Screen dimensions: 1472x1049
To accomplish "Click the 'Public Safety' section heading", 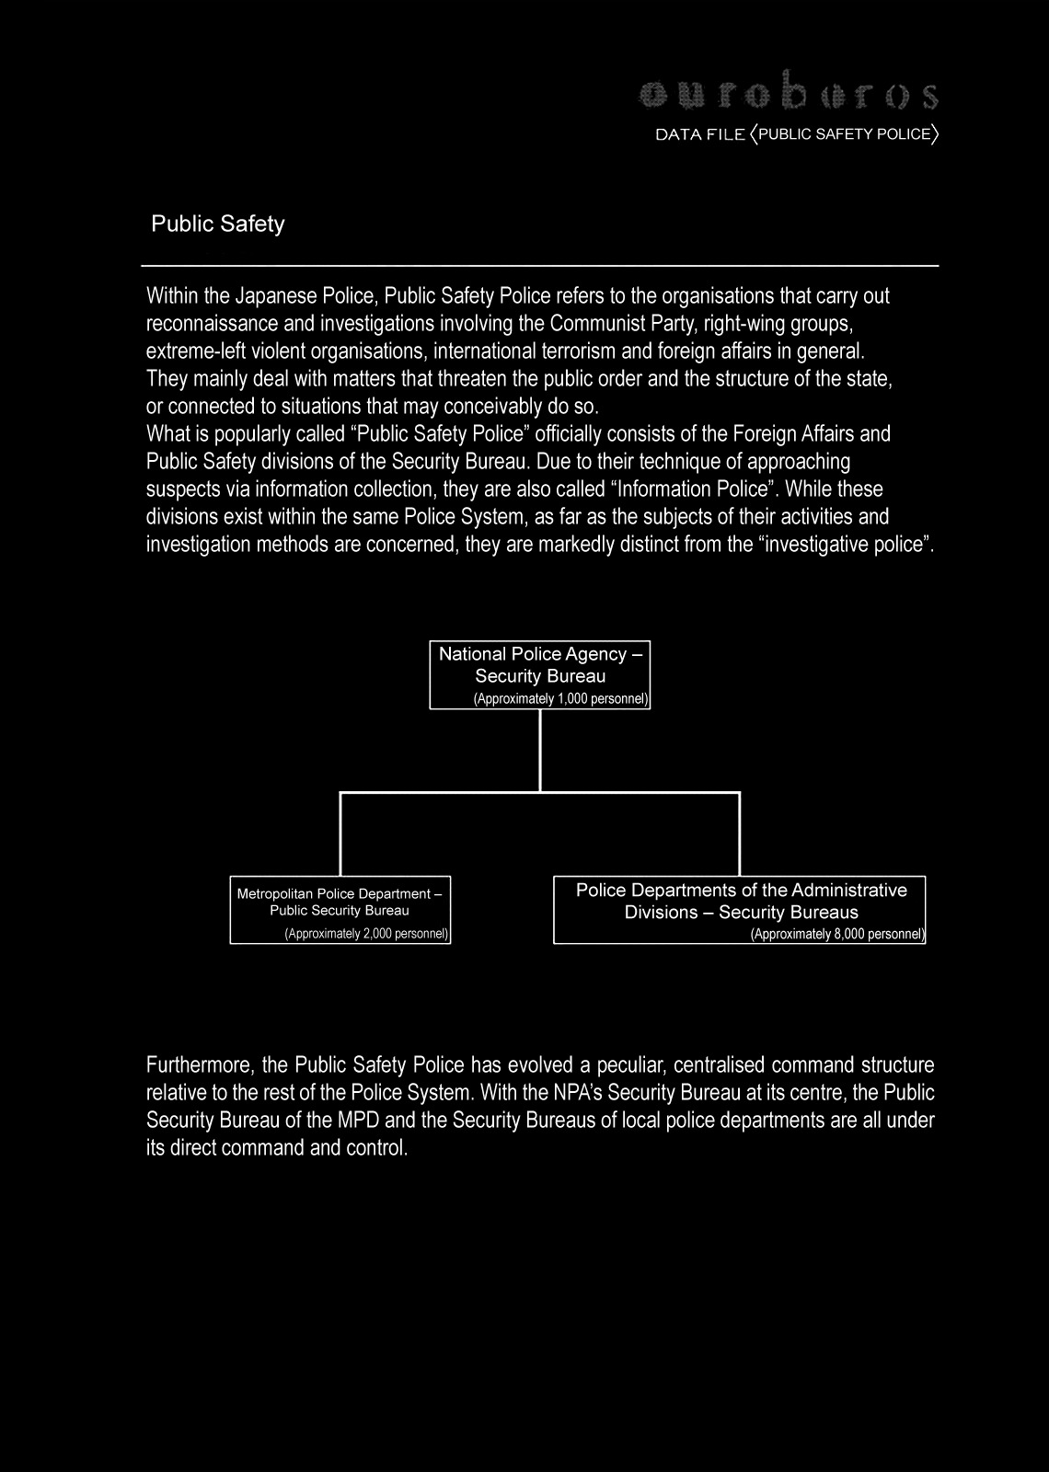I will (218, 224).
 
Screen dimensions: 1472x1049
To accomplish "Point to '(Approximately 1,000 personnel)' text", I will (561, 699).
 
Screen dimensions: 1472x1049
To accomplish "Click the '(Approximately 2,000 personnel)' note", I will (366, 935).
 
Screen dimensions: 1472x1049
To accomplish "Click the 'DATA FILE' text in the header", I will (699, 134).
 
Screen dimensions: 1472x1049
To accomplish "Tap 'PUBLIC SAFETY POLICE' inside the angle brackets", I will (845, 134).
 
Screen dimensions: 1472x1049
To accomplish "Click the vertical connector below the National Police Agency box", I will (540, 750).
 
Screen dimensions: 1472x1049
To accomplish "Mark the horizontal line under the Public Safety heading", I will (539, 265).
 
